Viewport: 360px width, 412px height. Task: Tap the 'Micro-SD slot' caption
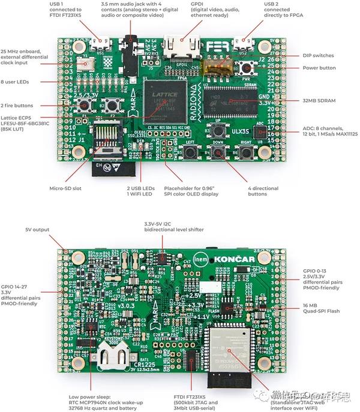tap(65, 188)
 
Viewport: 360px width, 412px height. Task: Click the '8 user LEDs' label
tap(20, 81)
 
